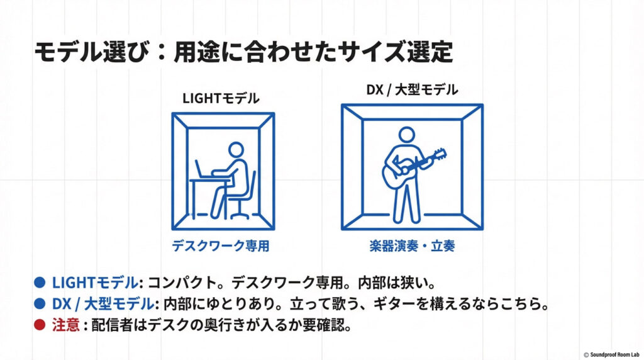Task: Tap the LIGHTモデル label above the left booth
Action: pos(221,99)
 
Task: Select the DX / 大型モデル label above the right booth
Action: pos(412,90)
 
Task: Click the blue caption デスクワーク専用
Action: pos(221,246)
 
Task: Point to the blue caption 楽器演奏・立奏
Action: pos(413,246)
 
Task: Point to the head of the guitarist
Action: pos(407,135)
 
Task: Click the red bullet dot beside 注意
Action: pos(40,325)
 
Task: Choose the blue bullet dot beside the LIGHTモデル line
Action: pos(40,283)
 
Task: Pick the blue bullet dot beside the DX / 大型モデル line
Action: pos(40,304)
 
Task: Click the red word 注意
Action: pos(65,325)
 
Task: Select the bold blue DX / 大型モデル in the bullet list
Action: pos(103,304)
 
